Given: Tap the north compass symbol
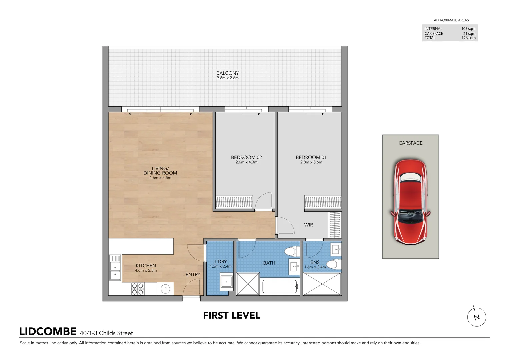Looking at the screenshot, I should point(476,317).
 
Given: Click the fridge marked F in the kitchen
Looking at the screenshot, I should point(165,289).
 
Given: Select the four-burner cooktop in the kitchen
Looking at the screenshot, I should point(137,289).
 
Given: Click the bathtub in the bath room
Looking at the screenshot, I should point(280,286).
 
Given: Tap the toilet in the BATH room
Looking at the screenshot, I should point(292,251).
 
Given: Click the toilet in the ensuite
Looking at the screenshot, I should point(333,265).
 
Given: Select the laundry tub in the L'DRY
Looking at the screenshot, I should point(227,281).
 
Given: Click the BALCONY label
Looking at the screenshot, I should point(228,73).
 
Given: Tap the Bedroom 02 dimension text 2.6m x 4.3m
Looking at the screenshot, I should point(246,162).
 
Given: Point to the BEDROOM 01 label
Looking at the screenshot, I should point(311,157).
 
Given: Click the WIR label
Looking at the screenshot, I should point(308,225).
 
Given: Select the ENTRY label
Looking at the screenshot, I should point(193,275).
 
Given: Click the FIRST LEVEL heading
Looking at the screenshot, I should point(232,315).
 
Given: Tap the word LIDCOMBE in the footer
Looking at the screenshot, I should point(48,332).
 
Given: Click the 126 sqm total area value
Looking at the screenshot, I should point(468,38).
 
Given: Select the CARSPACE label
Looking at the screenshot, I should point(410,143).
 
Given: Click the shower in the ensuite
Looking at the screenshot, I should point(322,284).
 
